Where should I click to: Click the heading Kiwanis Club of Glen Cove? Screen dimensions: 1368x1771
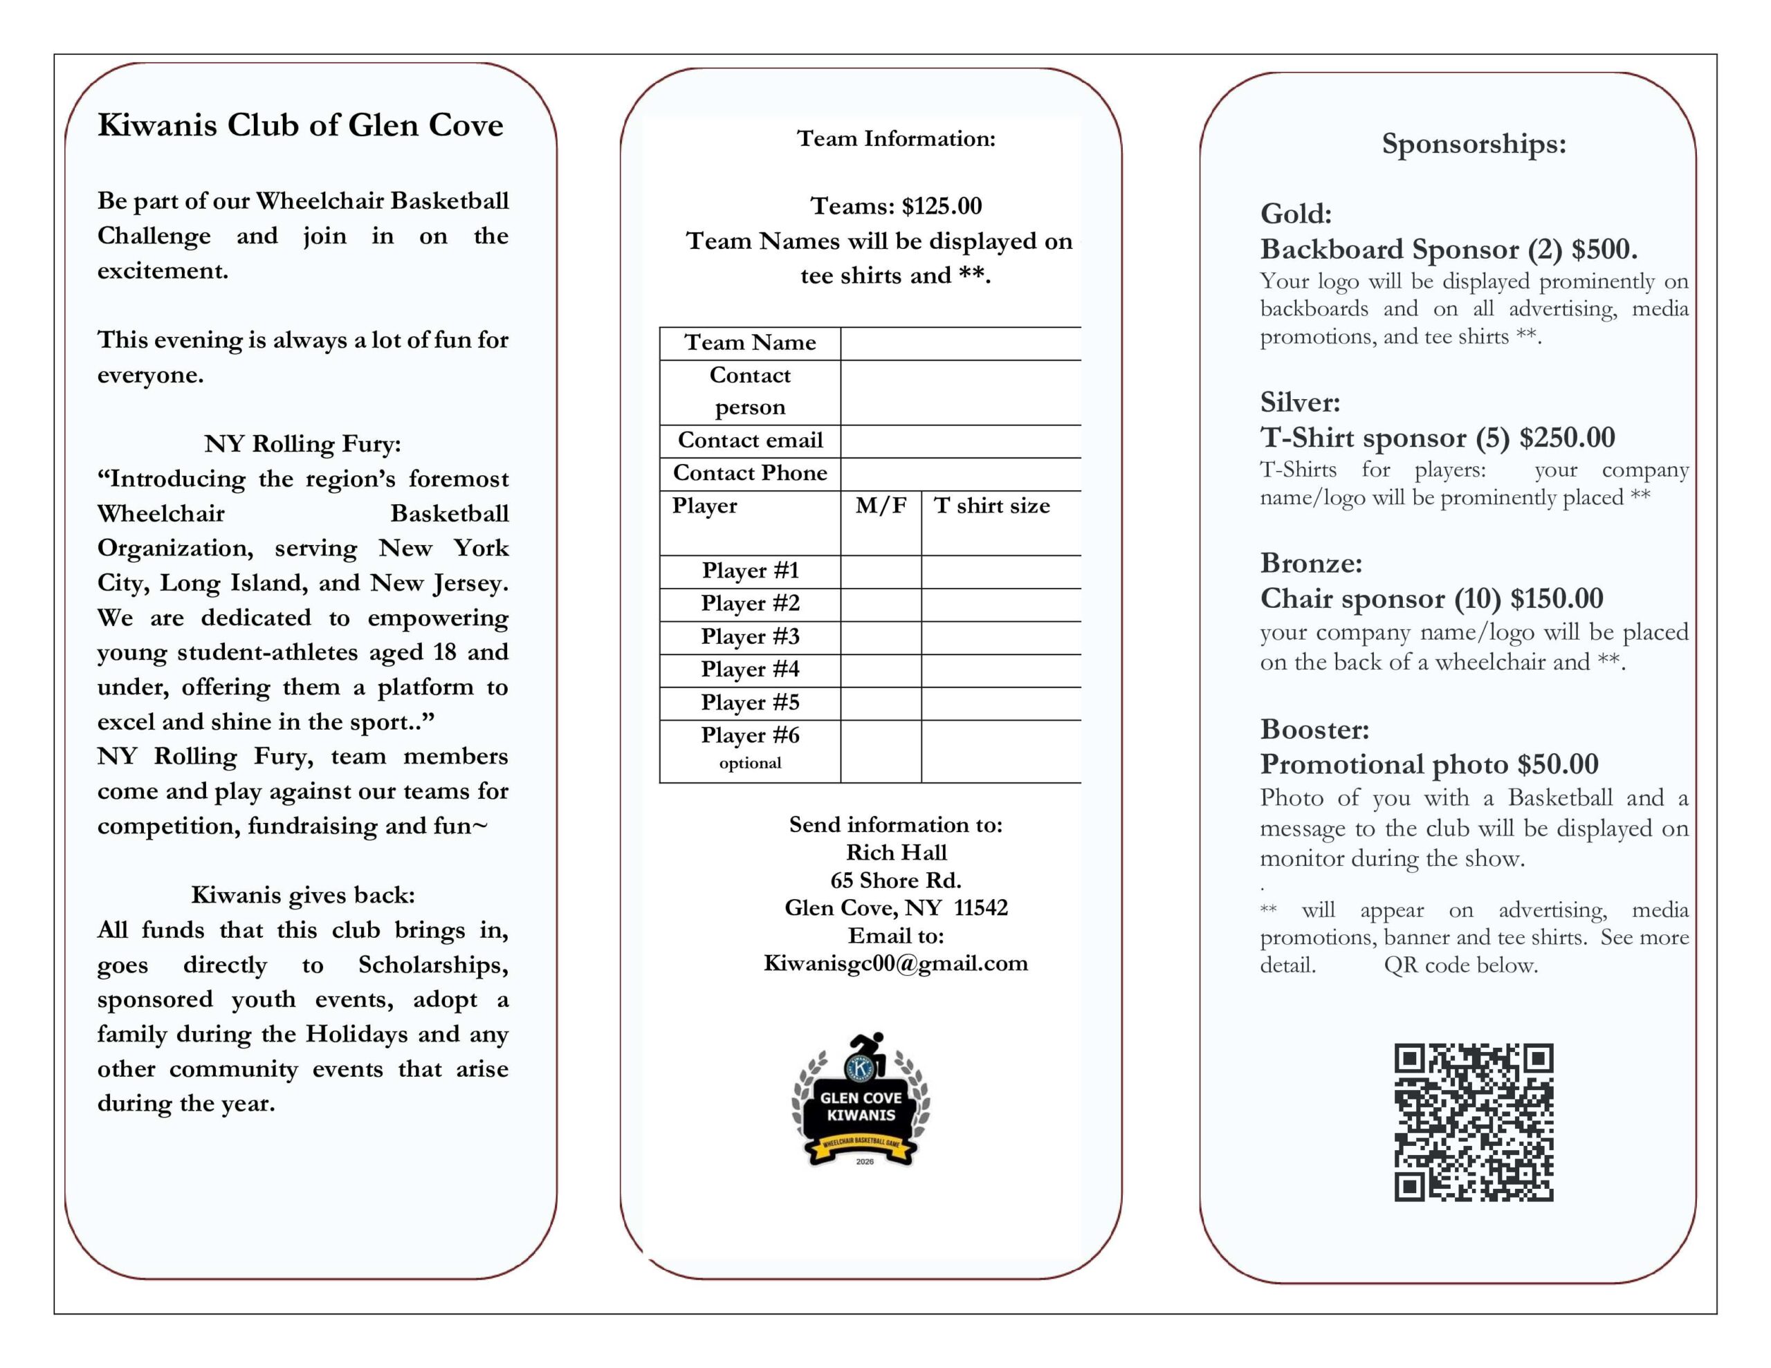pyautogui.click(x=300, y=126)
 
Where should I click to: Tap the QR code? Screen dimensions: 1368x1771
pyautogui.click(x=1474, y=1122)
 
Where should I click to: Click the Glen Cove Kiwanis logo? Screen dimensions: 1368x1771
pyautogui.click(x=861, y=1100)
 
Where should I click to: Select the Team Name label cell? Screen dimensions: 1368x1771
pyautogui.click(x=750, y=343)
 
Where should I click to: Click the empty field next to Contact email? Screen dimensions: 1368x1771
pyautogui.click(x=960, y=441)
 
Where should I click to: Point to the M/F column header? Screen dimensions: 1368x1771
pyautogui.click(x=881, y=506)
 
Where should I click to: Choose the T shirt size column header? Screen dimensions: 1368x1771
pyautogui.click(x=992, y=506)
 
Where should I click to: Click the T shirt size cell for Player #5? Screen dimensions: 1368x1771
pyautogui.click(x=1000, y=703)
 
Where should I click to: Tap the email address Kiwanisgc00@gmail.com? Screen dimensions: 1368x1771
pyautogui.click(x=895, y=963)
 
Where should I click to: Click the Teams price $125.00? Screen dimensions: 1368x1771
pyautogui.click(x=942, y=206)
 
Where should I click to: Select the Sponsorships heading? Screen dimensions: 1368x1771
pyautogui.click(x=1474, y=145)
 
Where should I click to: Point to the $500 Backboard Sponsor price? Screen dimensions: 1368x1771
pyautogui.click(x=1604, y=250)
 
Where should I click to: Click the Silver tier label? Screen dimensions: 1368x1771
pyautogui.click(x=1300, y=403)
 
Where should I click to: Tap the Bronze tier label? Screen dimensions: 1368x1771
pyautogui.click(x=1310, y=563)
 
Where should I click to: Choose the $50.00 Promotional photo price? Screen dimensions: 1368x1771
pyautogui.click(x=1558, y=764)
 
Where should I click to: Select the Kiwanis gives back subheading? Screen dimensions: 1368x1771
pyautogui.click(x=302, y=895)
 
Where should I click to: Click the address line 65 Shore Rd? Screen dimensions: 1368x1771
pyautogui.click(x=895, y=880)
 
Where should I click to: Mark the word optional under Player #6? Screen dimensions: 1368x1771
pyautogui.click(x=750, y=763)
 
